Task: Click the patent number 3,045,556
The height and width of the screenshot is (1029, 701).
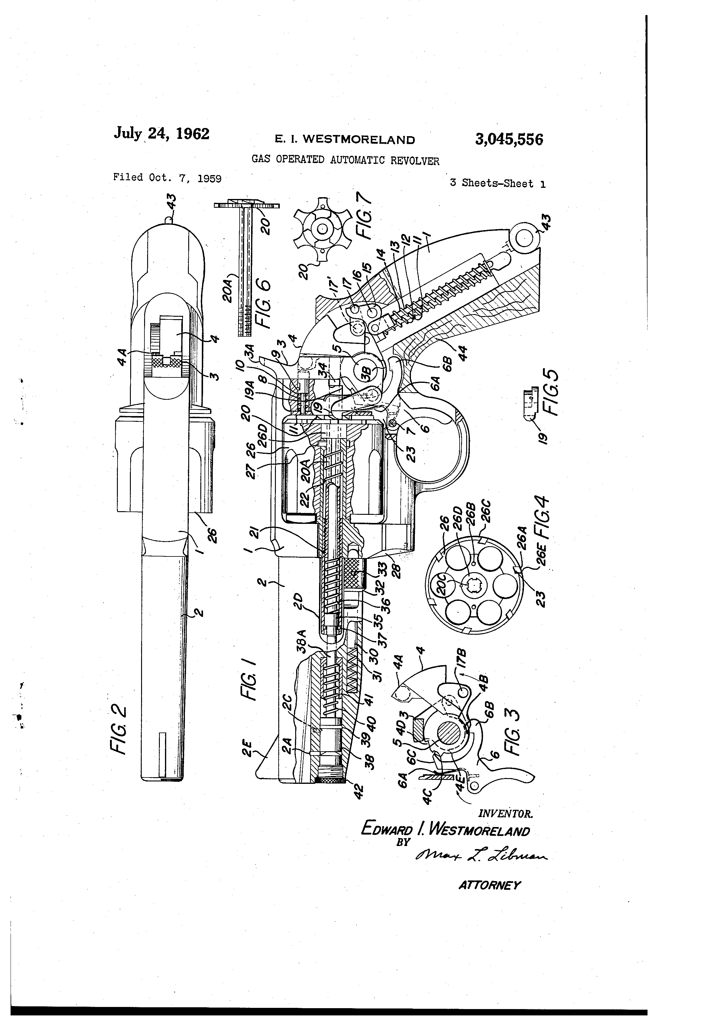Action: coord(509,139)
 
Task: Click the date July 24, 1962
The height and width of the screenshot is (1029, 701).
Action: coord(161,133)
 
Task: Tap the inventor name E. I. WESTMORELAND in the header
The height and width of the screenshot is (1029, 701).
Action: coord(345,140)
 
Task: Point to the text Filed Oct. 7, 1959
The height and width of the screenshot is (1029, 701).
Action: coord(167,178)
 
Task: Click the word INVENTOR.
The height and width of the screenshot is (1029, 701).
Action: coord(505,813)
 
